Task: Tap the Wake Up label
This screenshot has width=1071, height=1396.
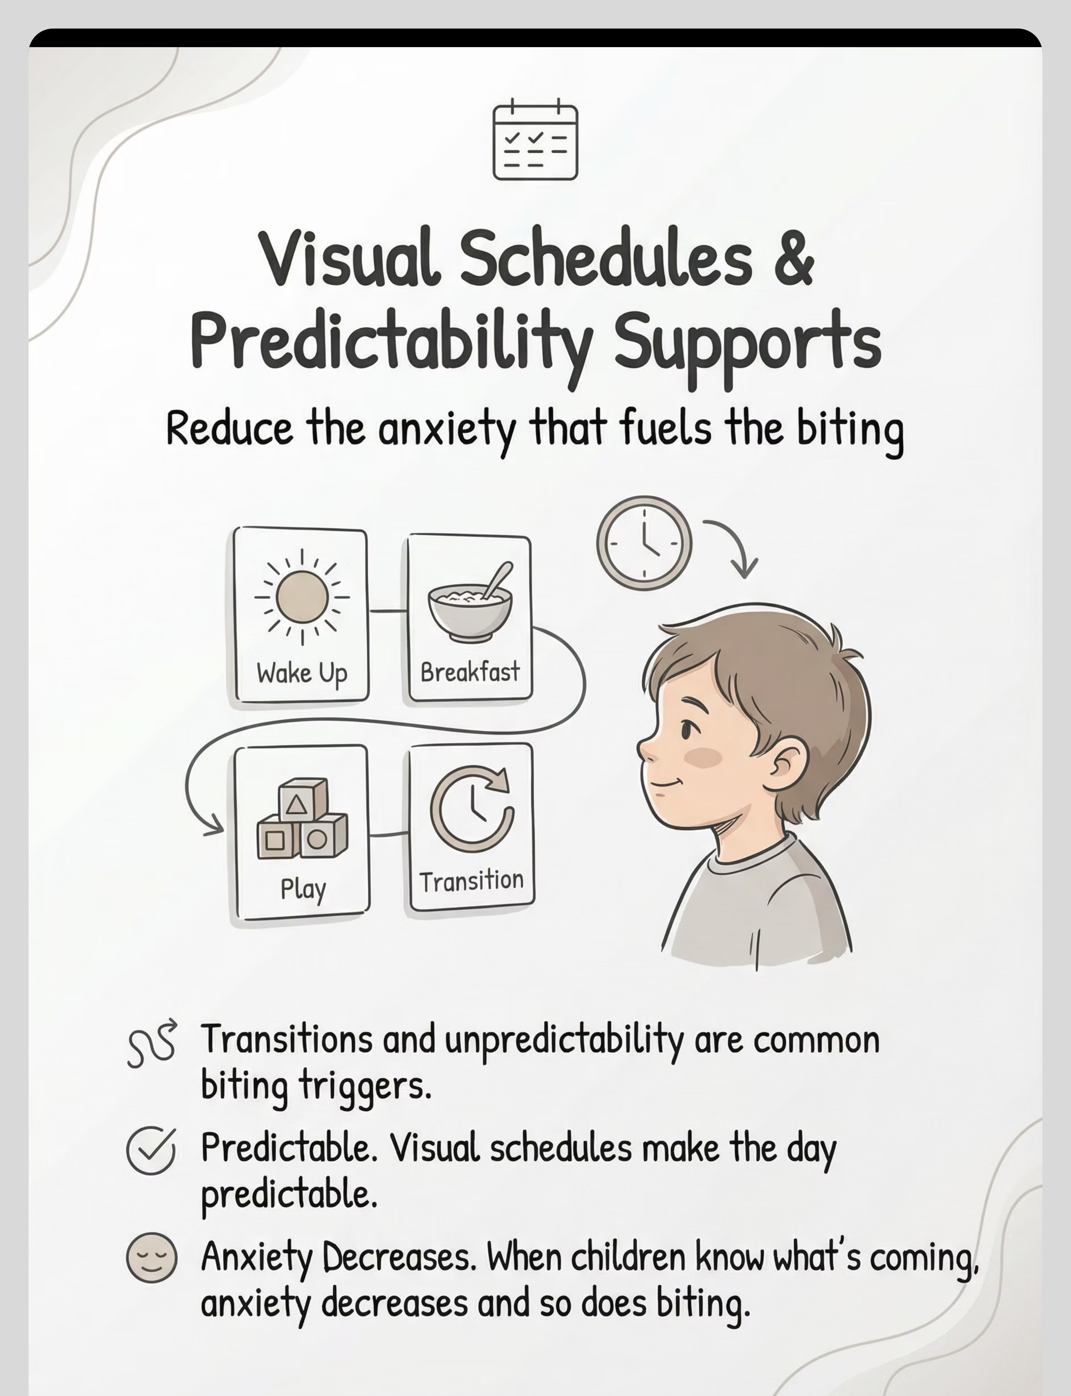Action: tap(302, 673)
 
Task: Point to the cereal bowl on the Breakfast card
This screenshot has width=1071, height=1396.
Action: tap(470, 604)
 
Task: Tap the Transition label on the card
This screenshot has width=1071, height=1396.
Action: tap(472, 881)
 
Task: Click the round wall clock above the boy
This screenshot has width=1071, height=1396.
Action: tap(644, 543)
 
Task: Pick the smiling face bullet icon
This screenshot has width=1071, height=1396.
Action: tap(151, 1258)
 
